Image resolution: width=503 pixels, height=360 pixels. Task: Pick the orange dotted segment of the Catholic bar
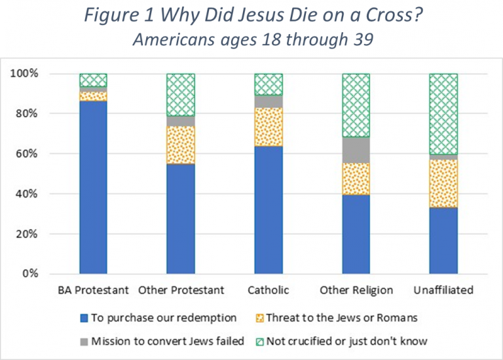(x=268, y=127)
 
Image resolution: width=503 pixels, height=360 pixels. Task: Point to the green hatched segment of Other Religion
(x=356, y=105)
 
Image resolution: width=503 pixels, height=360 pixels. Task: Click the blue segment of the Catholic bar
(x=268, y=209)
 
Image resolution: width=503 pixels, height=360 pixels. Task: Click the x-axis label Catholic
(x=268, y=290)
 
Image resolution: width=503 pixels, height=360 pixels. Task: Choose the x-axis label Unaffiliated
(x=443, y=290)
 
